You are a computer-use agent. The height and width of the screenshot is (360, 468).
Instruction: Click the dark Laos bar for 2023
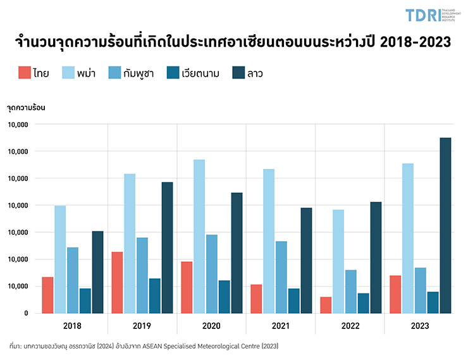coord(446,225)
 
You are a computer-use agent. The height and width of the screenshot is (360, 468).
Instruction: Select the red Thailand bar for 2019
coord(117,282)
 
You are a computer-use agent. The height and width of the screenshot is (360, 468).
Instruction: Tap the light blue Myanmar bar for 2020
coord(199,236)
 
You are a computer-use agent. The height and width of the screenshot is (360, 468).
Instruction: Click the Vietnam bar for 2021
coord(294,301)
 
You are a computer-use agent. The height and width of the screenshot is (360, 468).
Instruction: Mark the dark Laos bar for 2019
coord(167,247)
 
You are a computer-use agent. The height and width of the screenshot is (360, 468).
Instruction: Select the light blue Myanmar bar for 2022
coord(338,261)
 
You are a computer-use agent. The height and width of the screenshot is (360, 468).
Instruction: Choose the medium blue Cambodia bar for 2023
coord(420,290)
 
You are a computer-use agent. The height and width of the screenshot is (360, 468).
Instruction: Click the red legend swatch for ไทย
coord(23,73)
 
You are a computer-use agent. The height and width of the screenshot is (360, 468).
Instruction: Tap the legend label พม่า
coord(87,73)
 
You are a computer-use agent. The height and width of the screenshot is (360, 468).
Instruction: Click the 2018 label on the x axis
coord(73,326)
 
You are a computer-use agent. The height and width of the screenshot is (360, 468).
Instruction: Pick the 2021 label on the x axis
coord(281,326)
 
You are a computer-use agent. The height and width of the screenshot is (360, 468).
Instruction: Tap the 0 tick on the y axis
coord(25,313)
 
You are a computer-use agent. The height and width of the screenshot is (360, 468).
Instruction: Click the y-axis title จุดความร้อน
coord(26,107)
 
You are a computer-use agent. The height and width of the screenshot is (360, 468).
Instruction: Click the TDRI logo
coord(426,15)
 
